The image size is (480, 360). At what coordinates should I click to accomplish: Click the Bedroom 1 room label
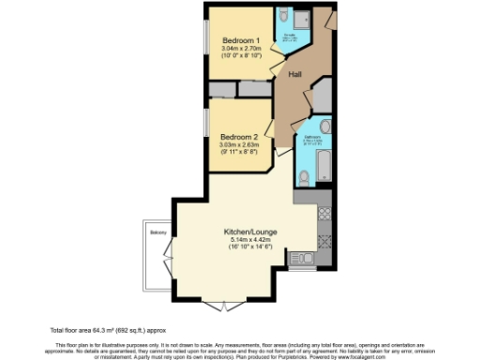click(240, 41)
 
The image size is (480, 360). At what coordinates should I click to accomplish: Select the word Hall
click(294, 73)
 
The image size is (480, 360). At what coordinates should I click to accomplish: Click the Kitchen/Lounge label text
click(248, 231)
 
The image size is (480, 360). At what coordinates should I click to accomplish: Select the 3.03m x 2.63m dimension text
click(240, 144)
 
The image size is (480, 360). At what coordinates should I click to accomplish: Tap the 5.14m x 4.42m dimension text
click(248, 240)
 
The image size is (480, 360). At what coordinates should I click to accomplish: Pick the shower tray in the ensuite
click(301, 20)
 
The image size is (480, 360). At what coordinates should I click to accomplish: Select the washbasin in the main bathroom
click(323, 127)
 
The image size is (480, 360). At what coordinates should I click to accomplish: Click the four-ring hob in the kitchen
click(325, 213)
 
